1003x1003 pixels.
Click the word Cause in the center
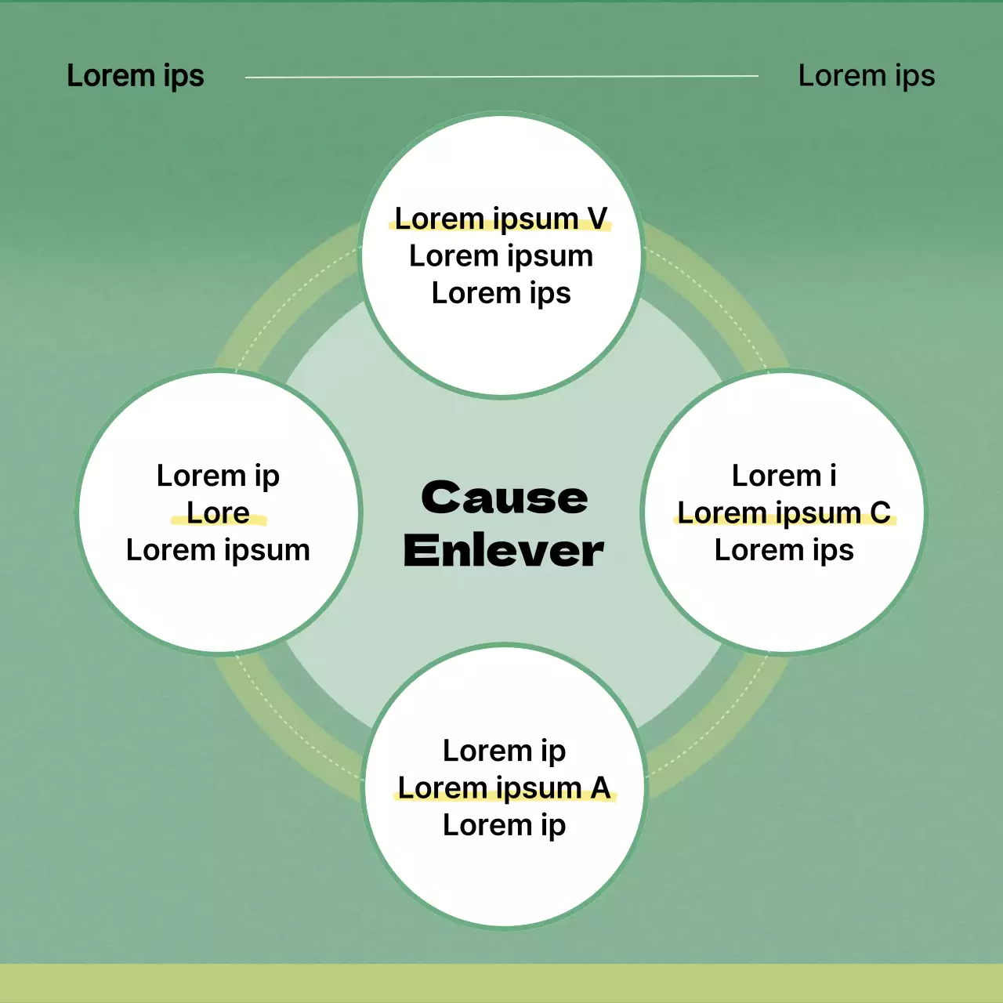pos(504,498)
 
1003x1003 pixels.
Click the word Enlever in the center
pos(504,550)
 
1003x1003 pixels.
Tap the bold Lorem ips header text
pos(135,76)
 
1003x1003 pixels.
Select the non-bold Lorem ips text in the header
pos(866,76)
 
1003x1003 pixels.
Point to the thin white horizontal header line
pos(501,77)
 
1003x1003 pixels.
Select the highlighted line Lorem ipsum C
pos(784,512)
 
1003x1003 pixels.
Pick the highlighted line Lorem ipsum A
pos(504,788)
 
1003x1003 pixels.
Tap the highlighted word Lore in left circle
pos(218,512)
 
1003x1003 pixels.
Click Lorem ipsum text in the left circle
pos(218,550)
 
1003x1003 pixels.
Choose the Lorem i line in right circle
pos(784,476)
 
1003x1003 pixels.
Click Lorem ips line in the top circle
pos(501,293)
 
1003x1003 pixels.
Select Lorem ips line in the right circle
pos(784,550)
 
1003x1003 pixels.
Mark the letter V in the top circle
pos(597,219)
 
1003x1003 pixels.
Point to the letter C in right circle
pos(880,512)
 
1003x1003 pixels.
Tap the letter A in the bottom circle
pos(600,788)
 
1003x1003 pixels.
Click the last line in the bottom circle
pos(504,825)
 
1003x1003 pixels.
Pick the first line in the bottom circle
pos(504,751)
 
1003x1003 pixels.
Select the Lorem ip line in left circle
pos(218,476)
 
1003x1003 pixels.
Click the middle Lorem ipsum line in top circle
pos(501,256)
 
